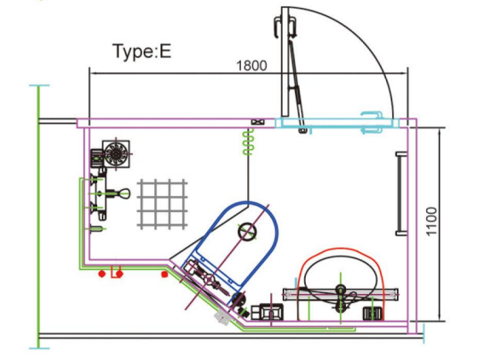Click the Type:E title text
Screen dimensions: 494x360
pos(142,51)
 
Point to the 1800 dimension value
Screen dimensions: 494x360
pos(251,66)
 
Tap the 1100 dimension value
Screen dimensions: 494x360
pos(432,221)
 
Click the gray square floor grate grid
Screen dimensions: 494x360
pos(162,204)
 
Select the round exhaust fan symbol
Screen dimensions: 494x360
pos(116,153)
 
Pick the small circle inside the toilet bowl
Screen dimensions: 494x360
pos(247,232)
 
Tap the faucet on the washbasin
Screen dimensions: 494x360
pos(342,298)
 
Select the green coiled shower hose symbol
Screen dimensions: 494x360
pos(248,142)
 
